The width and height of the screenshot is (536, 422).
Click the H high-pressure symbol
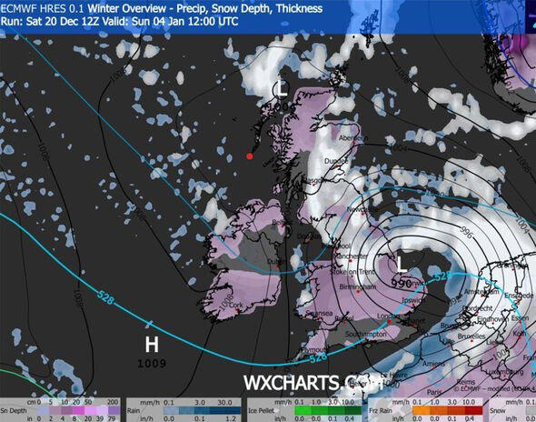pos(153,345)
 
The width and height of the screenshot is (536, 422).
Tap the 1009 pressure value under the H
pos(153,364)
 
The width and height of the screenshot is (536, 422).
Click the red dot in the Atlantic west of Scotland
pos(250,156)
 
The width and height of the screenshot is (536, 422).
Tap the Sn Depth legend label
pos(15,408)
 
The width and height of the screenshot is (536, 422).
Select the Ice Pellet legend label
pos(264,408)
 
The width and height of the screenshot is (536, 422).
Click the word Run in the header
pos(11,20)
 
